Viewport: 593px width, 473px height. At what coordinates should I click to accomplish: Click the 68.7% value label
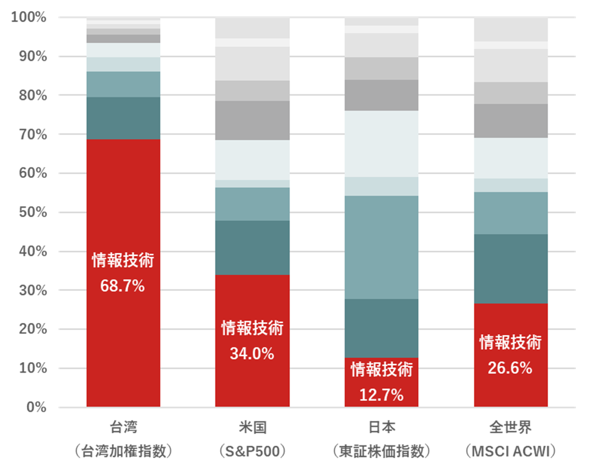(123, 286)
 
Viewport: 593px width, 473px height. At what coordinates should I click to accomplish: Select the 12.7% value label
(381, 396)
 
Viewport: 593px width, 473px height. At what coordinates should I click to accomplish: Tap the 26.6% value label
(511, 368)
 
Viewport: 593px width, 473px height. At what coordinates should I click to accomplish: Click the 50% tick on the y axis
(33, 213)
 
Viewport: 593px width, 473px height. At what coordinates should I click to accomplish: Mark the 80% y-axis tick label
(33, 95)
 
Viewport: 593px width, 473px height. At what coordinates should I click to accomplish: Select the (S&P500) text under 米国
(252, 452)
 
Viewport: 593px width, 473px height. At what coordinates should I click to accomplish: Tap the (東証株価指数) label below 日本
(381, 452)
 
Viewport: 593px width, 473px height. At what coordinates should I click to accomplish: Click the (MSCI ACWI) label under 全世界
(511, 452)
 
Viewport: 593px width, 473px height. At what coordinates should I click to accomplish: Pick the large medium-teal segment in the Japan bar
(381, 248)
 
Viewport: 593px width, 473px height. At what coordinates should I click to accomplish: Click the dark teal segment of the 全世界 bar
(511, 269)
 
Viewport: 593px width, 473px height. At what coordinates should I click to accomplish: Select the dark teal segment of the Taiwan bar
(123, 118)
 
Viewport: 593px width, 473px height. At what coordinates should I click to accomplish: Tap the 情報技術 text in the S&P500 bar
(252, 328)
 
